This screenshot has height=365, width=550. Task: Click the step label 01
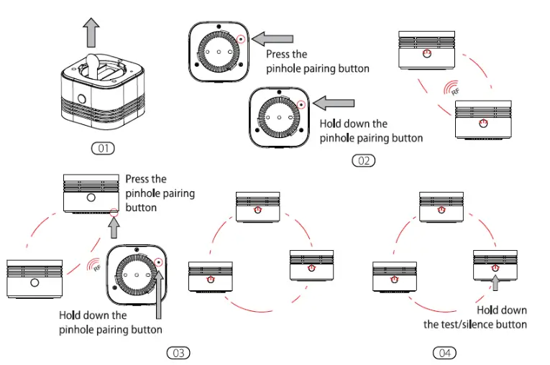[103, 148]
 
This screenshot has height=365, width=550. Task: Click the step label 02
[363, 161]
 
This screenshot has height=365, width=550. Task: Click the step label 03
[178, 353]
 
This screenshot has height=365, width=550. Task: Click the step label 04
[445, 353]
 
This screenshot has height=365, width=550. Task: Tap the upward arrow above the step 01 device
[91, 32]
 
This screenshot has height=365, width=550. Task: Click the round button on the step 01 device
[82, 98]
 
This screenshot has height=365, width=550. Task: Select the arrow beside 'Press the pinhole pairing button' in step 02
[272, 39]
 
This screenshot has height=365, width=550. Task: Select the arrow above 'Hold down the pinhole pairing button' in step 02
[334, 103]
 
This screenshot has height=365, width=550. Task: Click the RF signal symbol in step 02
[452, 88]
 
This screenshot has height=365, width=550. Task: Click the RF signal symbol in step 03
[94, 264]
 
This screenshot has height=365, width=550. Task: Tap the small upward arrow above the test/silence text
[495, 283]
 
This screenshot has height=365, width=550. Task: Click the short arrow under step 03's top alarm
[114, 228]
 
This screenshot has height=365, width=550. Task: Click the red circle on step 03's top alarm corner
[114, 212]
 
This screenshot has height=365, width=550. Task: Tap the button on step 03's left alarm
[35, 282]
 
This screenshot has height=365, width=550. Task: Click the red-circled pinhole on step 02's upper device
[241, 39]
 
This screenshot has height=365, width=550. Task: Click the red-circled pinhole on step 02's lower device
[301, 104]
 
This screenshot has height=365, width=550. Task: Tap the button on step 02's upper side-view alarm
[426, 54]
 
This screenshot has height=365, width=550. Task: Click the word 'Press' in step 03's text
[137, 179]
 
